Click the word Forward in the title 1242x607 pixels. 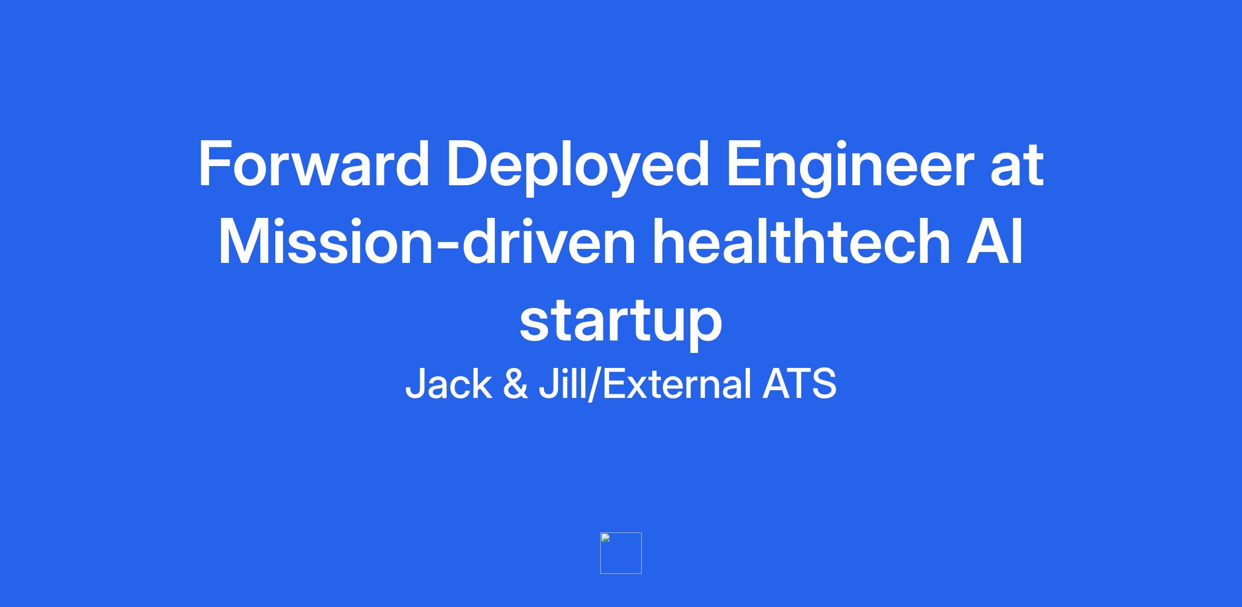314,164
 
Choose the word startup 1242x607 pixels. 620,322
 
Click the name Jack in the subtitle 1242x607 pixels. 449,384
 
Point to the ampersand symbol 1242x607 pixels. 515,384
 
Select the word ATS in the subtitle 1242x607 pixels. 800,384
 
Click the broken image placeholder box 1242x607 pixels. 621,553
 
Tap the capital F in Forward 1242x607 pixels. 215,164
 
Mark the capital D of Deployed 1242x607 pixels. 469,164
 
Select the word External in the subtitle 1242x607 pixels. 677,384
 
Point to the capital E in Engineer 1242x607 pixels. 745,164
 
